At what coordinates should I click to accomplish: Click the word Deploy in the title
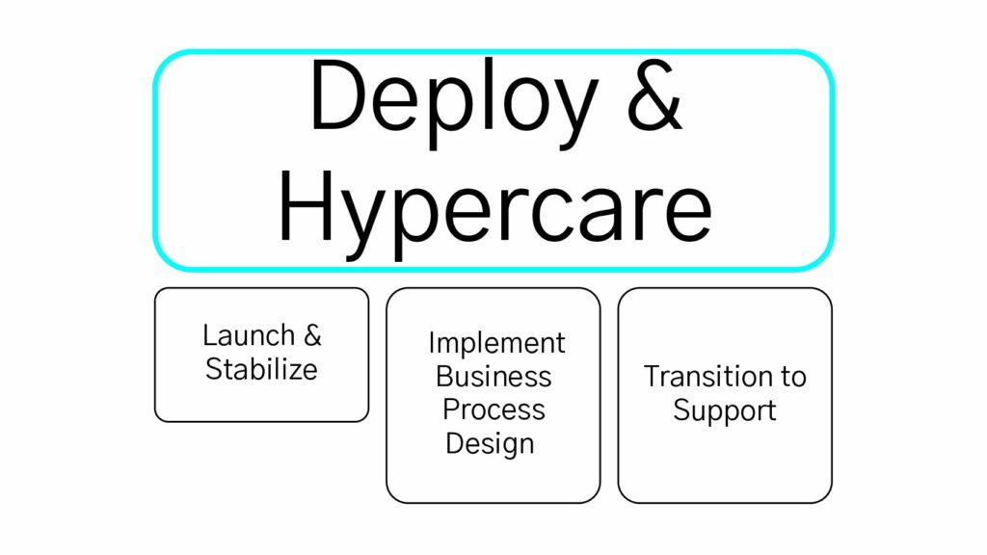(x=453, y=104)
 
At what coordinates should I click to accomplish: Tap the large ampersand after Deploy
(x=654, y=95)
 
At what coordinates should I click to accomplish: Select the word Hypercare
(x=495, y=214)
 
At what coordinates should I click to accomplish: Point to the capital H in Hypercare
(x=306, y=204)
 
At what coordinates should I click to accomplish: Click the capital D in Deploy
(x=339, y=95)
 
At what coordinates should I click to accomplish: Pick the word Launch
(x=249, y=334)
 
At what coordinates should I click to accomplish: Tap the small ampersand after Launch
(x=313, y=335)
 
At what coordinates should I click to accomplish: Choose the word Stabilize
(x=261, y=369)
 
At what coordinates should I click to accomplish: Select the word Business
(x=493, y=377)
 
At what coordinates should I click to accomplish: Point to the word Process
(x=493, y=410)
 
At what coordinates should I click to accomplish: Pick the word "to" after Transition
(x=794, y=378)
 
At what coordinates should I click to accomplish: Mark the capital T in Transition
(x=653, y=377)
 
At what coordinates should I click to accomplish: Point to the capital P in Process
(x=451, y=410)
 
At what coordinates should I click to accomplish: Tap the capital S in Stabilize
(x=214, y=369)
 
